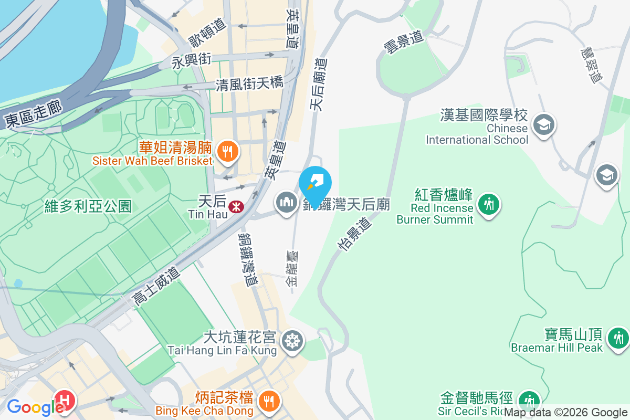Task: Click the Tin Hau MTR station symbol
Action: click(236, 207)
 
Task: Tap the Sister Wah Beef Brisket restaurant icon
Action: click(227, 152)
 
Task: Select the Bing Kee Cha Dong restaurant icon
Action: click(269, 401)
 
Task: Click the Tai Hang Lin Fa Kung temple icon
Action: click(291, 340)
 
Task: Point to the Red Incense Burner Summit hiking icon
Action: click(489, 203)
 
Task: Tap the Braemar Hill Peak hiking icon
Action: click(618, 337)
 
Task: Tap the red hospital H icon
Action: click(65, 400)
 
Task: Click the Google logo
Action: click(33, 407)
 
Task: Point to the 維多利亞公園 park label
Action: click(88, 206)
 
